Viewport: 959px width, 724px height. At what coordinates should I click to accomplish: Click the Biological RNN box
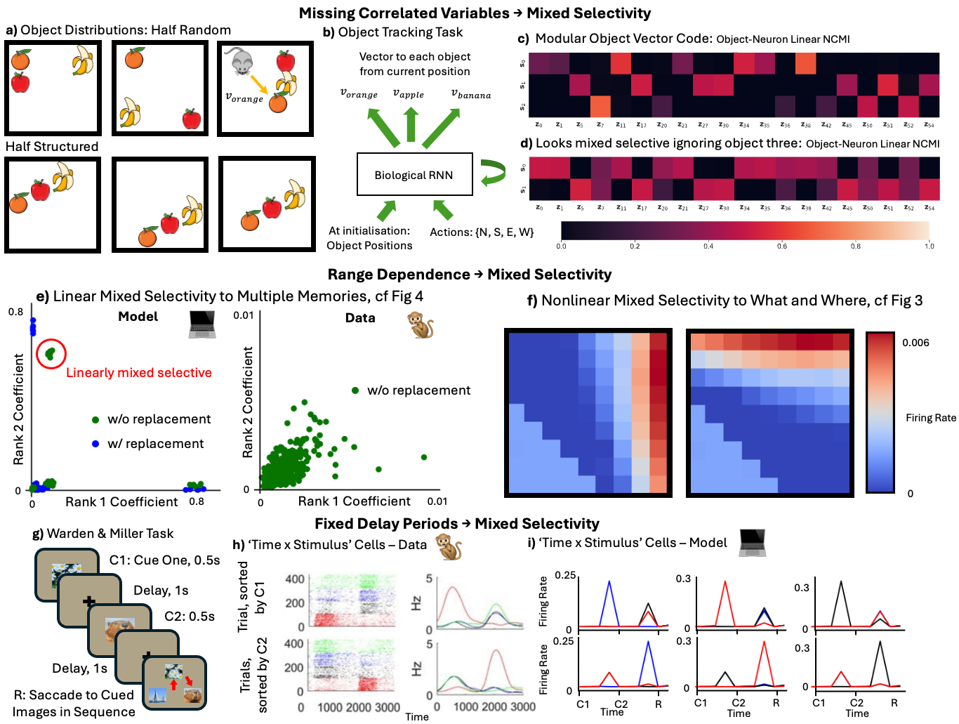coord(414,175)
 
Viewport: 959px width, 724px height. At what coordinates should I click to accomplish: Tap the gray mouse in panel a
coord(242,62)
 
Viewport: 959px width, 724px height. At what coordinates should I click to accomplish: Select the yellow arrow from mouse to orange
coord(260,85)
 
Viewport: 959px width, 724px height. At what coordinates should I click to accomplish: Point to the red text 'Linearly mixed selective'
coord(139,373)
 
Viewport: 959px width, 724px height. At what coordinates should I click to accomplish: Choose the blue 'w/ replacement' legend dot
coord(95,444)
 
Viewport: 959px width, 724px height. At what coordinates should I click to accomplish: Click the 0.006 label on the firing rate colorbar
coord(915,343)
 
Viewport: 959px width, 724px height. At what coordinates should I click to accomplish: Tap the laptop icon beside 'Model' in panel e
coord(202,324)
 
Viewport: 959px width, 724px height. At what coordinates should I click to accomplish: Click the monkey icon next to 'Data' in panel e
coord(421,324)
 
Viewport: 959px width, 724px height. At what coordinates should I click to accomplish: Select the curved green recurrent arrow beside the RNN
coord(494,171)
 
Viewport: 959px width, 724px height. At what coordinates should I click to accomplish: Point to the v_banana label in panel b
coord(471,94)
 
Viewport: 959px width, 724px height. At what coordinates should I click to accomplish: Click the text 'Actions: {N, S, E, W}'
coord(482,232)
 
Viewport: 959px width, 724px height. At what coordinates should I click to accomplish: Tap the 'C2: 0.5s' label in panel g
coord(190,617)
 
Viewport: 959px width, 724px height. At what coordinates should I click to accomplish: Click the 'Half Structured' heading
coord(52,147)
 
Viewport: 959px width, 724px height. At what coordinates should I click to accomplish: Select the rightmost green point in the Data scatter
coord(424,457)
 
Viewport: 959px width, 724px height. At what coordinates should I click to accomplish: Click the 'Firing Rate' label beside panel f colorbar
coord(931,418)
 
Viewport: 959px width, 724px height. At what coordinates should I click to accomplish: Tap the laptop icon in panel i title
coord(752,543)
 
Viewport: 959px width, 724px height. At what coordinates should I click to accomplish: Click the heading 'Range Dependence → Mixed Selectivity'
coord(470,275)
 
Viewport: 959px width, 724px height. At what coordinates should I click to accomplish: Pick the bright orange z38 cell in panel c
coord(805,63)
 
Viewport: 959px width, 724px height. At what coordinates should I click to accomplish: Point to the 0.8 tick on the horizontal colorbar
coord(856,246)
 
